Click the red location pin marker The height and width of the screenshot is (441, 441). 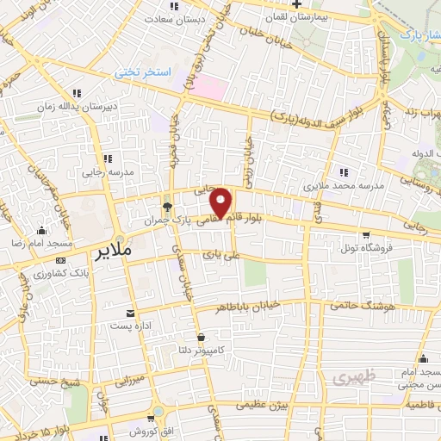click(x=221, y=202)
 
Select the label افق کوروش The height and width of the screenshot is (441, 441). click(x=136, y=430)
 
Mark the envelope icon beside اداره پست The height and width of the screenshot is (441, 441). click(x=130, y=313)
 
